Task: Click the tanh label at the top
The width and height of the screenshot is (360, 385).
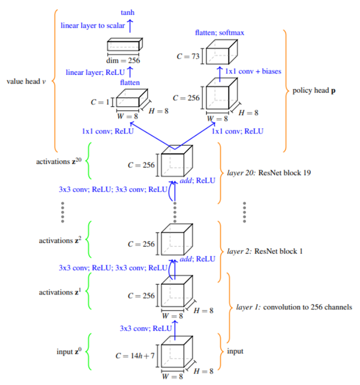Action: tap(128, 13)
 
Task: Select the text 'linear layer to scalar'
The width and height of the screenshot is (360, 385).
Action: tap(93, 26)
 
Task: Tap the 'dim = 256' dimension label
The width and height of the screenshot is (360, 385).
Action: tap(123, 61)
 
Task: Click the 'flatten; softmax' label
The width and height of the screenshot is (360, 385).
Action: tap(220, 32)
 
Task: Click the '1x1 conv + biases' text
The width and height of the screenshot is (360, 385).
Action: tap(253, 71)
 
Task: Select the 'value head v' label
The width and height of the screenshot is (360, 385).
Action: tap(26, 82)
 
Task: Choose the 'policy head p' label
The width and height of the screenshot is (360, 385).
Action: tap(314, 91)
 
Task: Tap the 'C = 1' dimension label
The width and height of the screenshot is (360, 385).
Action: tap(100, 102)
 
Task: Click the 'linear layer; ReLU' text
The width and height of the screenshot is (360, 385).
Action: tap(95, 73)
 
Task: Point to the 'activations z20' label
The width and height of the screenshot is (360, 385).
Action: tap(59, 161)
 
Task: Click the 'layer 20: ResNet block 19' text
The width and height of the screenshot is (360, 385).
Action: tap(269, 173)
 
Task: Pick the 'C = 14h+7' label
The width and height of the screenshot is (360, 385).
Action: tap(135, 356)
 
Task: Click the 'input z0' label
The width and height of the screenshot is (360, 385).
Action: tap(69, 351)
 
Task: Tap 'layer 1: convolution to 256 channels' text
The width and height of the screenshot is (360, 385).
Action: tap(294, 307)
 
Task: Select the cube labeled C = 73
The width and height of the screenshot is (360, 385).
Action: tap(221, 52)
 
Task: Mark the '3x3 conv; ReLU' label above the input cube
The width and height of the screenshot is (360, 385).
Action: tap(146, 328)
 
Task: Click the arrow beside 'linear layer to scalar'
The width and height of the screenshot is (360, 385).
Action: tap(130, 26)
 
